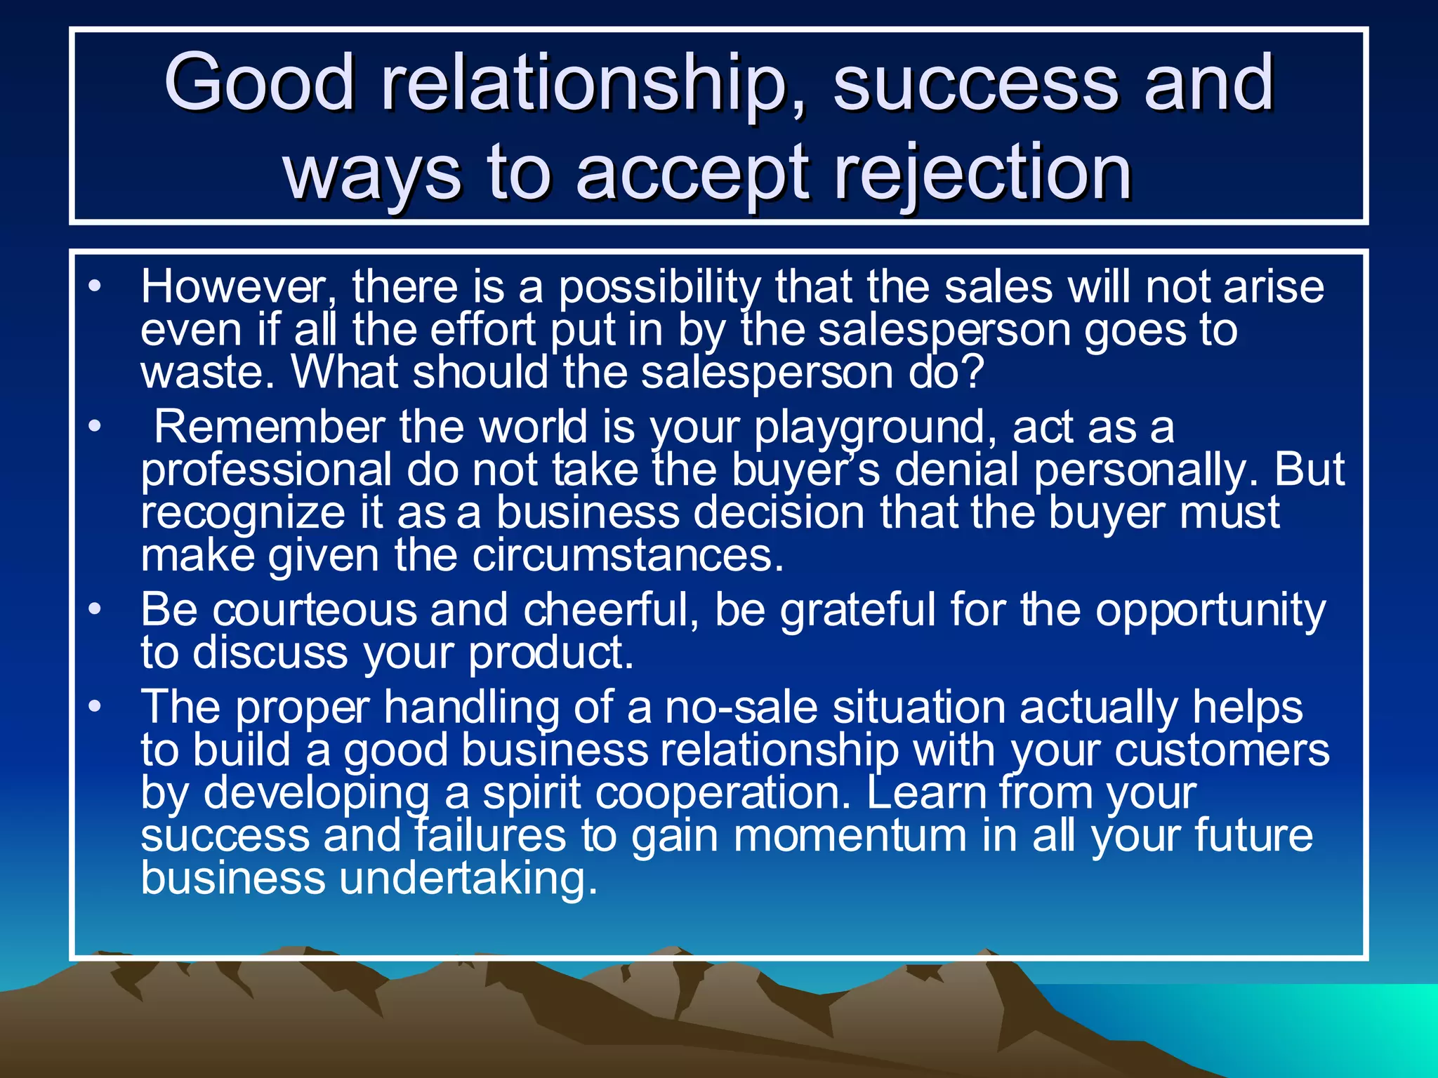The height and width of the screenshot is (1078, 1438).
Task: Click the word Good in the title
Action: pyautogui.click(x=258, y=83)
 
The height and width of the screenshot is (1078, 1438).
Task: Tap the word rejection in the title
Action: pyautogui.click(x=982, y=172)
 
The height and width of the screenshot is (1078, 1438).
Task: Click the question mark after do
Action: pyautogui.click(x=972, y=372)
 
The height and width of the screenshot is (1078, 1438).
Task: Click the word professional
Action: pyautogui.click(x=266, y=470)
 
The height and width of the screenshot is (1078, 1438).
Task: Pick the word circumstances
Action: pyautogui.click(x=627, y=555)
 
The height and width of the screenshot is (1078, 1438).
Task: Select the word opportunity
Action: pyautogui.click(x=1210, y=611)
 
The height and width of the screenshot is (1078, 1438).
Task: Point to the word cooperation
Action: pyautogui.click(x=723, y=794)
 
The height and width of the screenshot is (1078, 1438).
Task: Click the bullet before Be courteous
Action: pyautogui.click(x=95, y=609)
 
